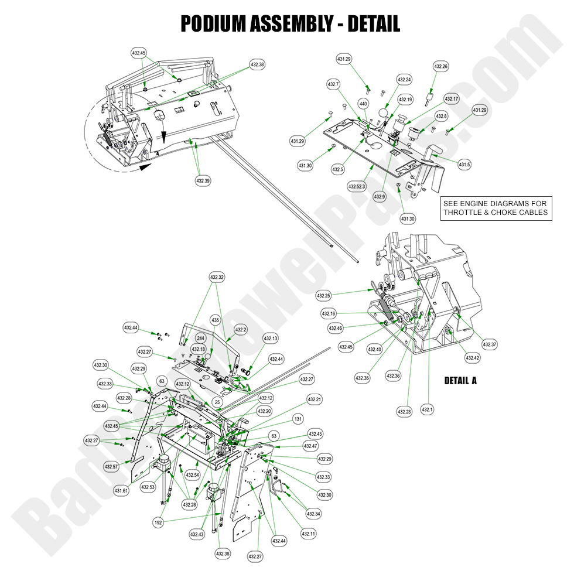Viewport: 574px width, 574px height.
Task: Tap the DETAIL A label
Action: point(460,381)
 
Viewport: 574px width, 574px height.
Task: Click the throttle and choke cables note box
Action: point(496,208)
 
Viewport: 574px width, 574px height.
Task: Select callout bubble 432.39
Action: point(203,181)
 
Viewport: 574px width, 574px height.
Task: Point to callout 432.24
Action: point(404,80)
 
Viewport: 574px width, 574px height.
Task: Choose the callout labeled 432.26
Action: point(441,67)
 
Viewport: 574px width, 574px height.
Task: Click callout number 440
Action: point(363,104)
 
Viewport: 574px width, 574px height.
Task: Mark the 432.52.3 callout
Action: point(356,186)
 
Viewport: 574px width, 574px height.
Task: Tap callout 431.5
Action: point(464,165)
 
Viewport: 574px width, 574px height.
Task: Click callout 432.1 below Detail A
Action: point(427,409)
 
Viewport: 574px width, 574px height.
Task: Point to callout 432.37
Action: point(490,344)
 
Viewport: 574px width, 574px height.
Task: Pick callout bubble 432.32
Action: point(217,276)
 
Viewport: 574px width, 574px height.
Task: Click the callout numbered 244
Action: point(200,339)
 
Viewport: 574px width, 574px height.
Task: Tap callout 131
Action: point(298,419)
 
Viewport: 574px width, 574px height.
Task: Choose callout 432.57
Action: point(112,467)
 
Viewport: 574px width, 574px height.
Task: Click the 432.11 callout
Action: point(309,534)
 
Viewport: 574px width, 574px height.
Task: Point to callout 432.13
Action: point(271,339)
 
